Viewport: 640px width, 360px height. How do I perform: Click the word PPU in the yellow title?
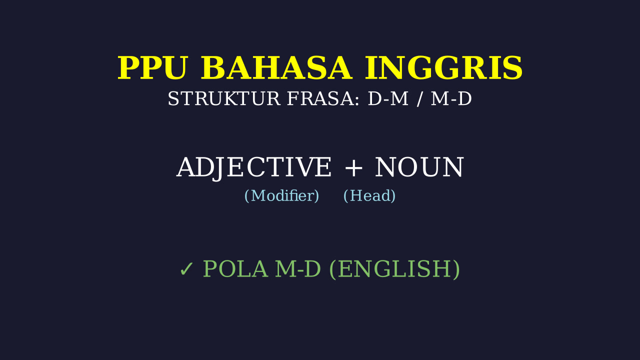coord(153,68)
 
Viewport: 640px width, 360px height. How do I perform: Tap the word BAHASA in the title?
coord(276,68)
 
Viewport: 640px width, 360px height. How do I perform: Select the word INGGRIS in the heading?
coord(443,68)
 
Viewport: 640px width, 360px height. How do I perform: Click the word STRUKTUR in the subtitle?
coord(223,98)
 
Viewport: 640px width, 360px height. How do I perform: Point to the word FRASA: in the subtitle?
coord(323,98)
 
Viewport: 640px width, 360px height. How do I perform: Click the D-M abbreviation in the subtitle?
coord(388,98)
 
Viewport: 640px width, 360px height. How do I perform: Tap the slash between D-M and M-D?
coord(419,99)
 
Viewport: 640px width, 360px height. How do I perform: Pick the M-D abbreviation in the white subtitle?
coord(451,98)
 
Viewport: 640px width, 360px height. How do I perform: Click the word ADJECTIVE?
coord(253,168)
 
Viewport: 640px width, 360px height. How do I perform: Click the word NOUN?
coord(419,167)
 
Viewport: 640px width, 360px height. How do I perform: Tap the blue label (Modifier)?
coord(281,195)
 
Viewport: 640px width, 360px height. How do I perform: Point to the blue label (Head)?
coord(369,195)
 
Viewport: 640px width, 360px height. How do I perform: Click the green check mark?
coord(186,269)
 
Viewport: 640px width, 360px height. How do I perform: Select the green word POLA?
coord(235,269)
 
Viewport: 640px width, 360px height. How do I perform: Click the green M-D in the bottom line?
coord(298,269)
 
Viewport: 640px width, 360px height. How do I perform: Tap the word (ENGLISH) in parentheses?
coord(394,269)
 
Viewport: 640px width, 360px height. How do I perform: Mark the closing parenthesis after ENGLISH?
coord(456,269)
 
